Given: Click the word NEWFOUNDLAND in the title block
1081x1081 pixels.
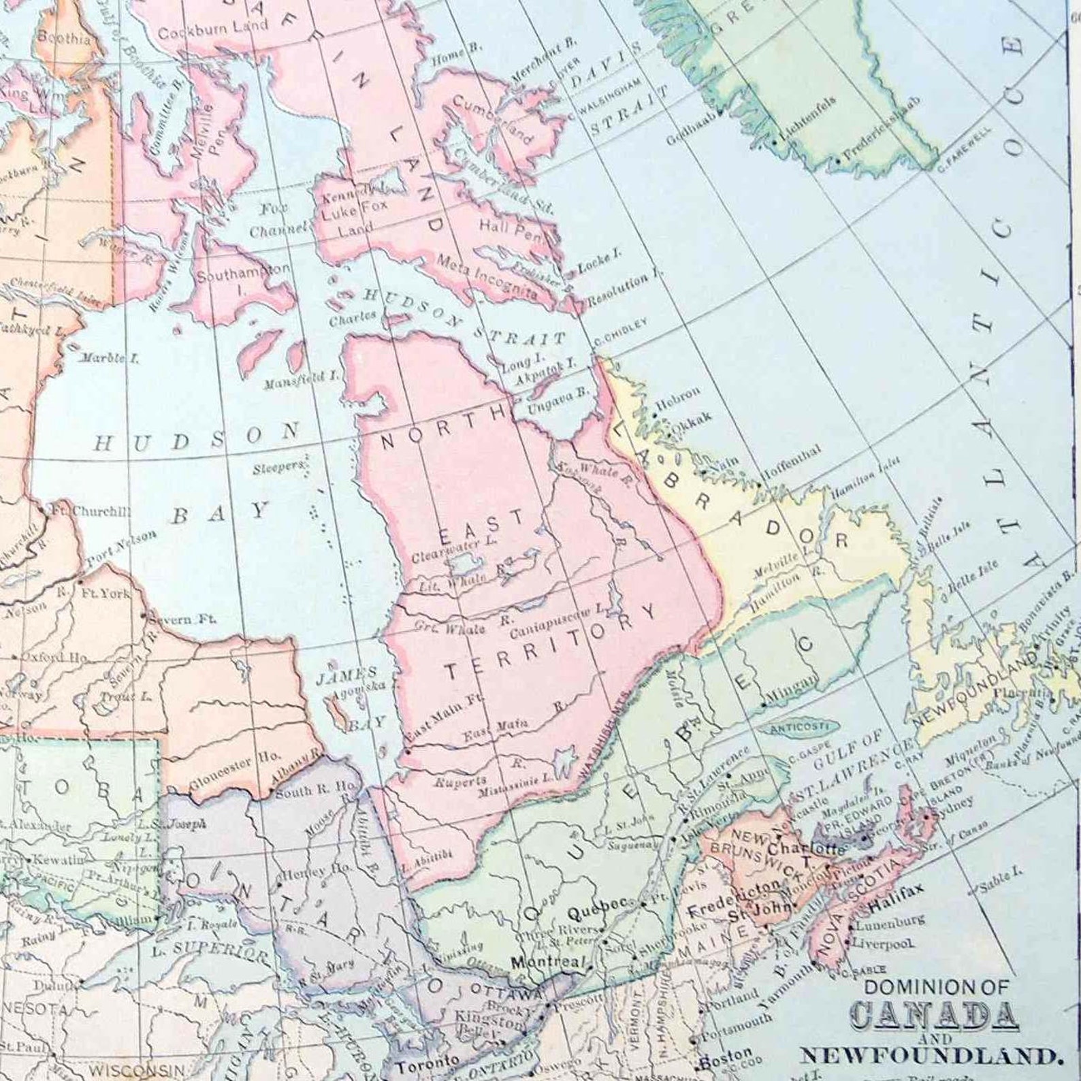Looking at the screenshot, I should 929,1056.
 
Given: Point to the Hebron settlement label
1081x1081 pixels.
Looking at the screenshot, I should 678,396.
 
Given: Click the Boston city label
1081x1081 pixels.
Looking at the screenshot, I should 726,1059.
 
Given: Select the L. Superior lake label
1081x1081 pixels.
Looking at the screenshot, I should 221,950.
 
